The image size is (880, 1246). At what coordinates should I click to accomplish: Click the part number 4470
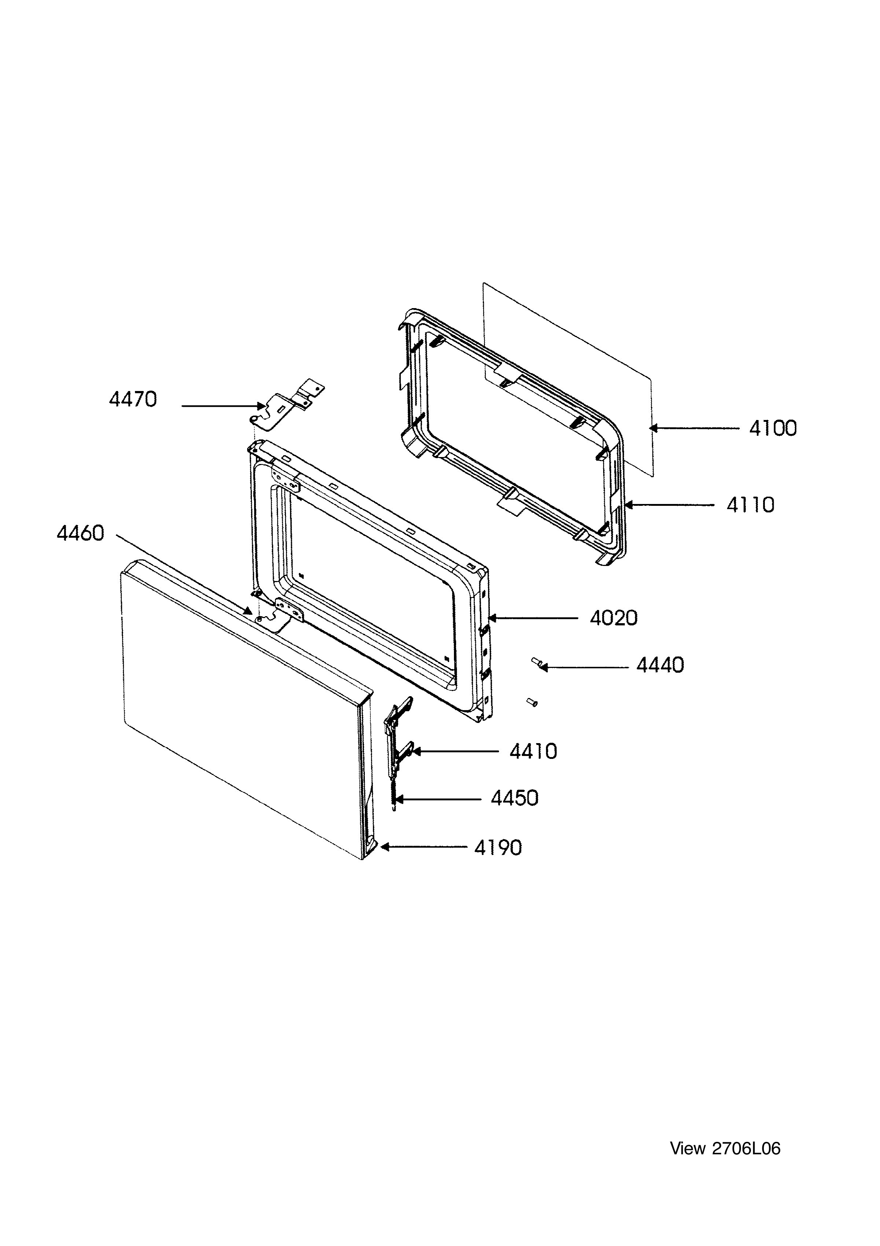[x=133, y=400]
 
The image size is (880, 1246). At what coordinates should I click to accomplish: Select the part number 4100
[x=773, y=429]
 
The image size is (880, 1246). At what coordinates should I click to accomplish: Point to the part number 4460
[x=80, y=533]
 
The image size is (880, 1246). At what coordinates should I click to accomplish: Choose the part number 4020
[x=613, y=618]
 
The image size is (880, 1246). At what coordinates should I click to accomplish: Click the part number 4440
[x=660, y=665]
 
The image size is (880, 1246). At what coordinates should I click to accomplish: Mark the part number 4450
[x=515, y=798]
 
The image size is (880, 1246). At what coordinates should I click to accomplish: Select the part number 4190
[x=498, y=848]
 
